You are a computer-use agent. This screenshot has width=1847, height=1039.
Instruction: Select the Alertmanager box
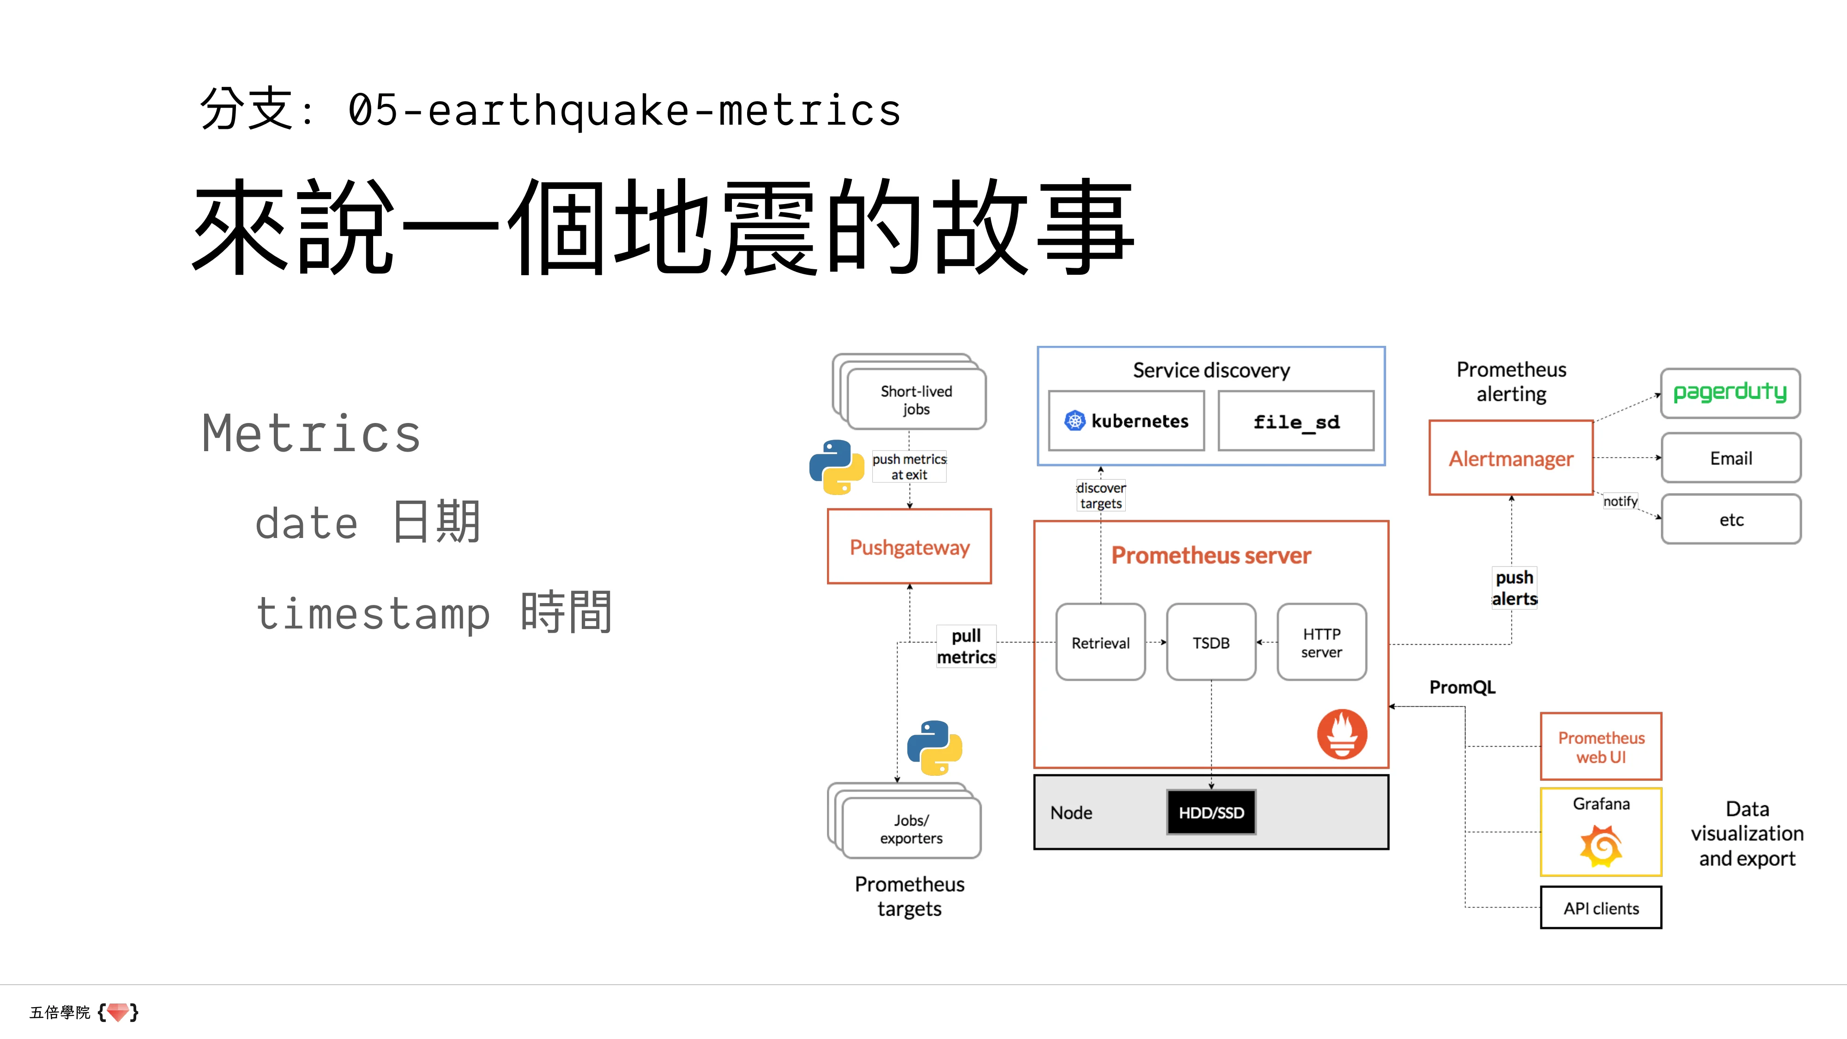[x=1511, y=458]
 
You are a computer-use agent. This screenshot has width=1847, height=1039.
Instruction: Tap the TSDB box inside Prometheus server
[x=1211, y=642]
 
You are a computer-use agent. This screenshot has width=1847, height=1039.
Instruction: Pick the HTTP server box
[x=1322, y=642]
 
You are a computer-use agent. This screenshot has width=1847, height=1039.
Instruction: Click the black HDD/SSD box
[x=1211, y=812]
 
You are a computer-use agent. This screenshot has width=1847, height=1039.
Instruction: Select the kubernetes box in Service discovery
[x=1126, y=421]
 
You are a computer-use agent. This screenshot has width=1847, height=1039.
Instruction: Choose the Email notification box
[x=1730, y=458]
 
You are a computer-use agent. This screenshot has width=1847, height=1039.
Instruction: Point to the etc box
[x=1730, y=519]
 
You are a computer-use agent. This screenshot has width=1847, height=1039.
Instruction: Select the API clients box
[x=1600, y=908]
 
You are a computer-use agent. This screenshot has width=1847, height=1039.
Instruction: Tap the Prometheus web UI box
[x=1600, y=746]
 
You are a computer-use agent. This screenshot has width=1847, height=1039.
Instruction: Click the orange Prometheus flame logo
[x=1341, y=734]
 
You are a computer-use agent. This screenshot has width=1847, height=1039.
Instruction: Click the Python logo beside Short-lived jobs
[x=836, y=467]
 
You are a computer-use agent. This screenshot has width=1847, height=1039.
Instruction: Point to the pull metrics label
[x=966, y=646]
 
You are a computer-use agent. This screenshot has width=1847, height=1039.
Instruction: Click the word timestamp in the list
[x=373, y=614]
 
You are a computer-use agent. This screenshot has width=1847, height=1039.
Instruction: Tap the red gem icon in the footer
[x=118, y=1012]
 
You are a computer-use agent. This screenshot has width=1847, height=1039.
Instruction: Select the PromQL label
[x=1462, y=687]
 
